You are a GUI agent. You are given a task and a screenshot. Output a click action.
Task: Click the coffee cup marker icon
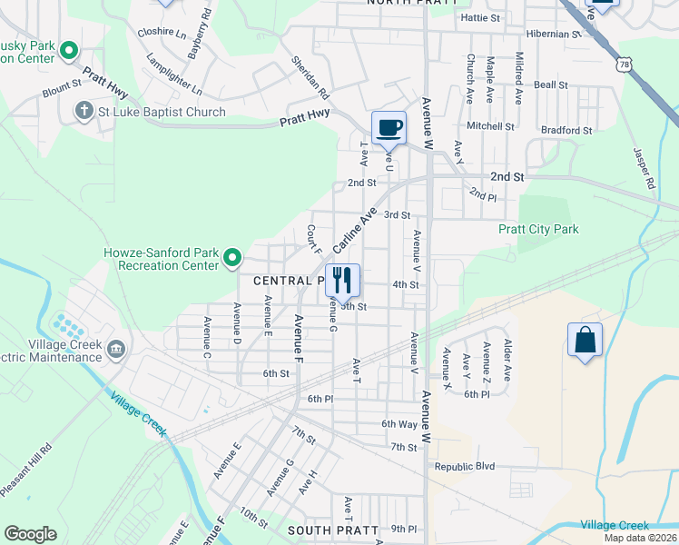389,128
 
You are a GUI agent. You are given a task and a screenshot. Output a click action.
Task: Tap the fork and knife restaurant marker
342,280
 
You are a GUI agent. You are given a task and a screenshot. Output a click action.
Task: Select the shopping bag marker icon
586,341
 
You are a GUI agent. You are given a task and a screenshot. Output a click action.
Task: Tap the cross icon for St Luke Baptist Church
84,112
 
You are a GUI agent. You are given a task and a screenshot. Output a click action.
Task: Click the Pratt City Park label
538,230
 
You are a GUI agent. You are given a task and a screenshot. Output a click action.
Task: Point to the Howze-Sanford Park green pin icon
232,259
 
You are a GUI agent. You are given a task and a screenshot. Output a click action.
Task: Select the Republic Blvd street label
464,466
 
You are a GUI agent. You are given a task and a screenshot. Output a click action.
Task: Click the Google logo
30,534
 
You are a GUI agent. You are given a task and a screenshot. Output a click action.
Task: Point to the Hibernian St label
553,35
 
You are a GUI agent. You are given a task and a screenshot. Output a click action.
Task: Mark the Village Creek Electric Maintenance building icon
116,349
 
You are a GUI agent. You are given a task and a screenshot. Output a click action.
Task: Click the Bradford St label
566,130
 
